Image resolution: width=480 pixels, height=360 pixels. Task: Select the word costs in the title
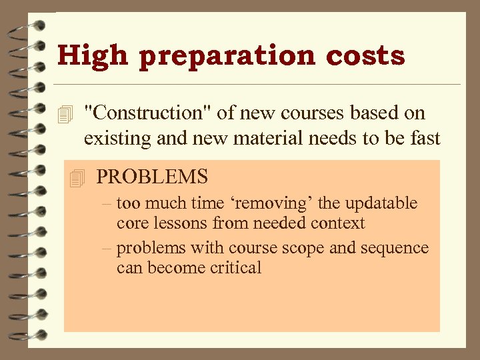tap(365, 55)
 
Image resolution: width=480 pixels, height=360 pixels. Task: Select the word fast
tap(424, 138)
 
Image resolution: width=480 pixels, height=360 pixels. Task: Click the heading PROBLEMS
tap(152, 177)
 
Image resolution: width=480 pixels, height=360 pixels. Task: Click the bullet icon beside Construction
tap(65, 115)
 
